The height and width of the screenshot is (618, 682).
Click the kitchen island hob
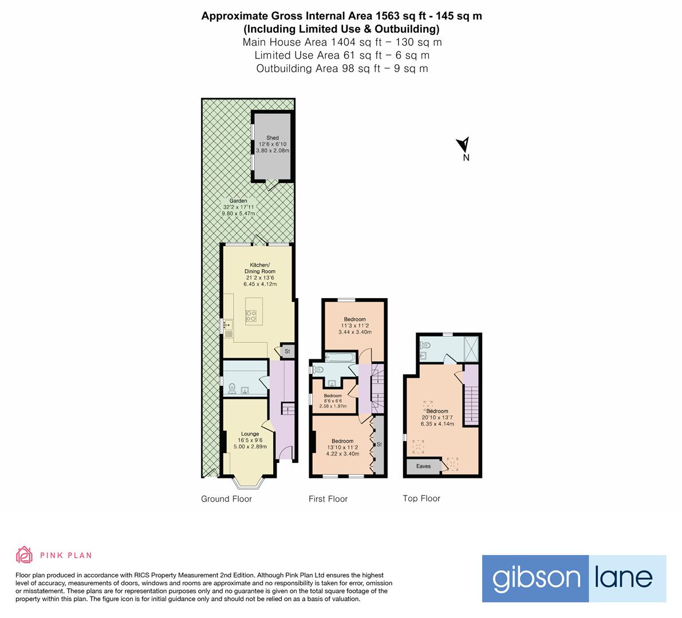click(251, 315)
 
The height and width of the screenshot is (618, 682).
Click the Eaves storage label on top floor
click(423, 466)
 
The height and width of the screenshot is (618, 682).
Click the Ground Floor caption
click(226, 499)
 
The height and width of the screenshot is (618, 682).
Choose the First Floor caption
click(328, 499)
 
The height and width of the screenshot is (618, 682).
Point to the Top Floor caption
click(421, 498)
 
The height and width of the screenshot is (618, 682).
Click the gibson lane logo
click(574, 578)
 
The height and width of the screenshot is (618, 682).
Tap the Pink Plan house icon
click(25, 554)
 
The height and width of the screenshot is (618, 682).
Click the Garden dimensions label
click(238, 207)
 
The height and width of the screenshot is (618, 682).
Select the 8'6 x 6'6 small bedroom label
click(333, 401)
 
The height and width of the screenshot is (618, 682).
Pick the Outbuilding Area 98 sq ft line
click(342, 69)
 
